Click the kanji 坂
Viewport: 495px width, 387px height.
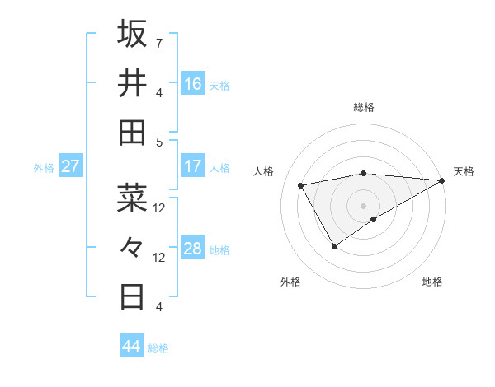[x=132, y=34]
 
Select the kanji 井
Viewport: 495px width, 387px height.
[x=132, y=83]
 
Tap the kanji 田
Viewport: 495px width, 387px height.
[x=132, y=133]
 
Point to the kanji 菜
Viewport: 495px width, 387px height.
[x=132, y=197]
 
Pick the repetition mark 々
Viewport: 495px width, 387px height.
[x=132, y=246]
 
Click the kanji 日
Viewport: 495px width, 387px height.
[x=132, y=296]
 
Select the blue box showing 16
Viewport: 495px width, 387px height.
[x=192, y=84]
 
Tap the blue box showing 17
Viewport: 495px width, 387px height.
[x=192, y=166]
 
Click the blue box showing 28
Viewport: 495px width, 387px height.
[x=192, y=249]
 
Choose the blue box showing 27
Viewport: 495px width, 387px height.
[x=70, y=166]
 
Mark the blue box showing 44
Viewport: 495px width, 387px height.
[x=131, y=347]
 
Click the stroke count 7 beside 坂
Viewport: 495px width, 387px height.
[x=158, y=43]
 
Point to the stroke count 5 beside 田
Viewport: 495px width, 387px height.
[x=158, y=142]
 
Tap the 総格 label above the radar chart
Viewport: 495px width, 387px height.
[x=364, y=107]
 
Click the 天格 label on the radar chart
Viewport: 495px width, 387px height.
[x=464, y=171]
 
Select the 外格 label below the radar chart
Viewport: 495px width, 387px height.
[x=290, y=282]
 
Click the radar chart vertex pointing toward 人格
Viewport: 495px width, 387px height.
[x=301, y=185]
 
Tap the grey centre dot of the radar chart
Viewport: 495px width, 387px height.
[x=363, y=205]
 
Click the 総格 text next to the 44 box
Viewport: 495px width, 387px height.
[x=158, y=348]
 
